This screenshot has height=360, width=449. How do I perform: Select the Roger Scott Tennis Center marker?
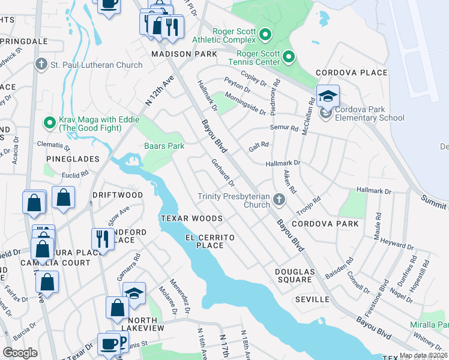pos(288,57)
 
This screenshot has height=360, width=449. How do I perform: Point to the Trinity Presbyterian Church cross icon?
pos(279,199)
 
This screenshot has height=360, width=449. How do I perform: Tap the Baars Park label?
pos(164,146)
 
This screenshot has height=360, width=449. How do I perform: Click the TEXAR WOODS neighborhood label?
pos(191,218)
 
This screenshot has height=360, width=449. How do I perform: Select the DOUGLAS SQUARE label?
pos(294,275)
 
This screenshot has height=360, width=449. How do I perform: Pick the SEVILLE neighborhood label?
pos(312,299)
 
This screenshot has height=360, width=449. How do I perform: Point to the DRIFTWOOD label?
pos(118,196)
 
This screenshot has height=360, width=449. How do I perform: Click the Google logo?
pos(20,353)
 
